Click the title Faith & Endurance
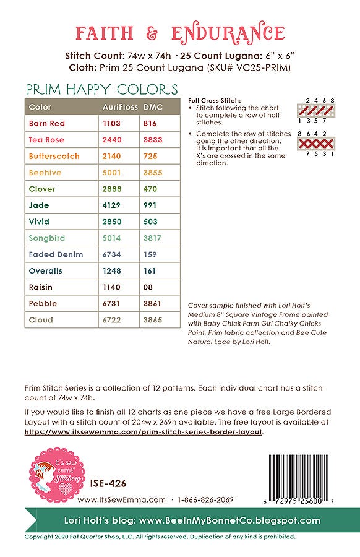click(x=179, y=32)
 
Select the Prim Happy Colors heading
click(x=101, y=90)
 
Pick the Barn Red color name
click(x=47, y=124)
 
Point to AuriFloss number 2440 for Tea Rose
click(x=111, y=140)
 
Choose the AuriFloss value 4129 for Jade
click(x=111, y=205)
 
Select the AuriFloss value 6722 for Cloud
click(x=111, y=320)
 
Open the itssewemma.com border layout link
click(x=144, y=432)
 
